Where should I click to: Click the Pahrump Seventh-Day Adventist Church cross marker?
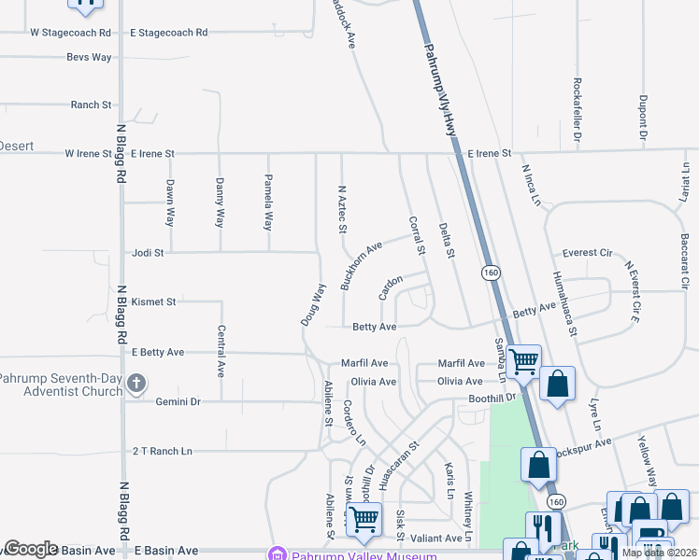[136, 382]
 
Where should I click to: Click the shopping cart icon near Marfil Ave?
[524, 359]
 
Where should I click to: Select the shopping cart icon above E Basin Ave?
[364, 519]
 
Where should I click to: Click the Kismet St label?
[154, 302]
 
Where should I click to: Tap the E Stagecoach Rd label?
[168, 33]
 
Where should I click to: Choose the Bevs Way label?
[89, 57]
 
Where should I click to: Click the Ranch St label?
[91, 105]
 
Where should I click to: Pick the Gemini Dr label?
[178, 401]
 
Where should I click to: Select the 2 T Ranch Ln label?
[162, 451]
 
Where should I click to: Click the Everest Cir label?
[587, 253]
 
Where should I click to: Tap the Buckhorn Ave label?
[362, 265]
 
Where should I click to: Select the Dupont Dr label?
[643, 118]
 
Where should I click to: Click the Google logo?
[32, 549]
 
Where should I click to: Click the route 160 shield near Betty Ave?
[490, 272]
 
